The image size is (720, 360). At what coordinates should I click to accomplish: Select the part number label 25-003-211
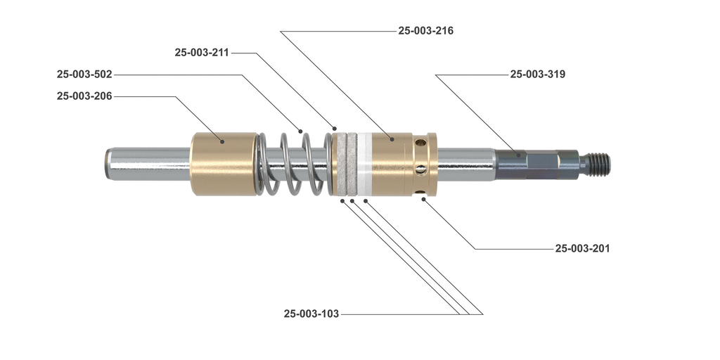tap(202, 53)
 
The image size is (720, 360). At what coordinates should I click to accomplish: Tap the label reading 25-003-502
tap(84, 74)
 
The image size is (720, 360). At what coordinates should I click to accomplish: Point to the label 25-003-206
tap(84, 96)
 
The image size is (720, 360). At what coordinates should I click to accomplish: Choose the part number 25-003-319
tap(538, 74)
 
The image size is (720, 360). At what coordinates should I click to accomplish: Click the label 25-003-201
tap(582, 248)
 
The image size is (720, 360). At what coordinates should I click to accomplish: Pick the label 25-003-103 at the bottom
tap(311, 314)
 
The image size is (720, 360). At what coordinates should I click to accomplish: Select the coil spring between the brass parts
tap(292, 164)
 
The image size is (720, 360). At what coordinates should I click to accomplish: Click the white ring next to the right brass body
tap(364, 165)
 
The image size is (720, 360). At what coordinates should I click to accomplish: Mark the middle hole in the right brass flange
tap(420, 168)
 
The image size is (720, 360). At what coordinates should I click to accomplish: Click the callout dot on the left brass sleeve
tap(221, 141)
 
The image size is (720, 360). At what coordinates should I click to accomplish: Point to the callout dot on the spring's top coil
tap(300, 131)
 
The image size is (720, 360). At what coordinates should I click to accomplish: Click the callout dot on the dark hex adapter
tap(517, 155)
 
